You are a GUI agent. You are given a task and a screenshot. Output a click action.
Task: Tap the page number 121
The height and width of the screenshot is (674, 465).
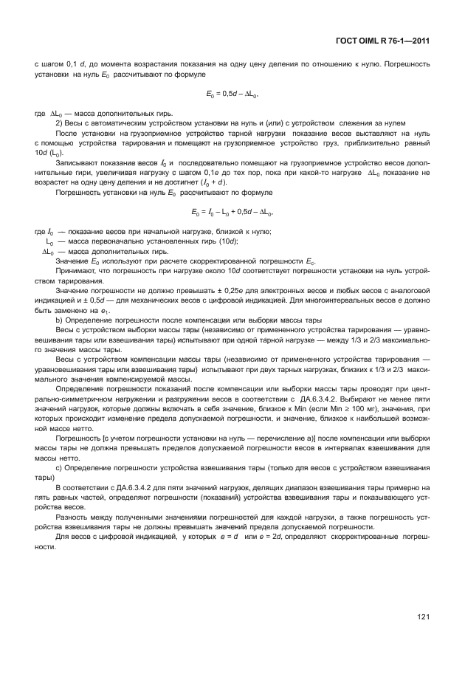click(x=423, y=616)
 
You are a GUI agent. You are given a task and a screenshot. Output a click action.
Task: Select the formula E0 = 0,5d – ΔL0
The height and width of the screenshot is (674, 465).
click(x=232, y=94)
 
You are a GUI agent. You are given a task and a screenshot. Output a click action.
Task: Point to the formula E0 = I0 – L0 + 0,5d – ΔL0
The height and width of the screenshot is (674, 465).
click(x=232, y=213)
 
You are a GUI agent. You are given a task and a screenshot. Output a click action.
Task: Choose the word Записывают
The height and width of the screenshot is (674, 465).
click(x=77, y=162)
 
